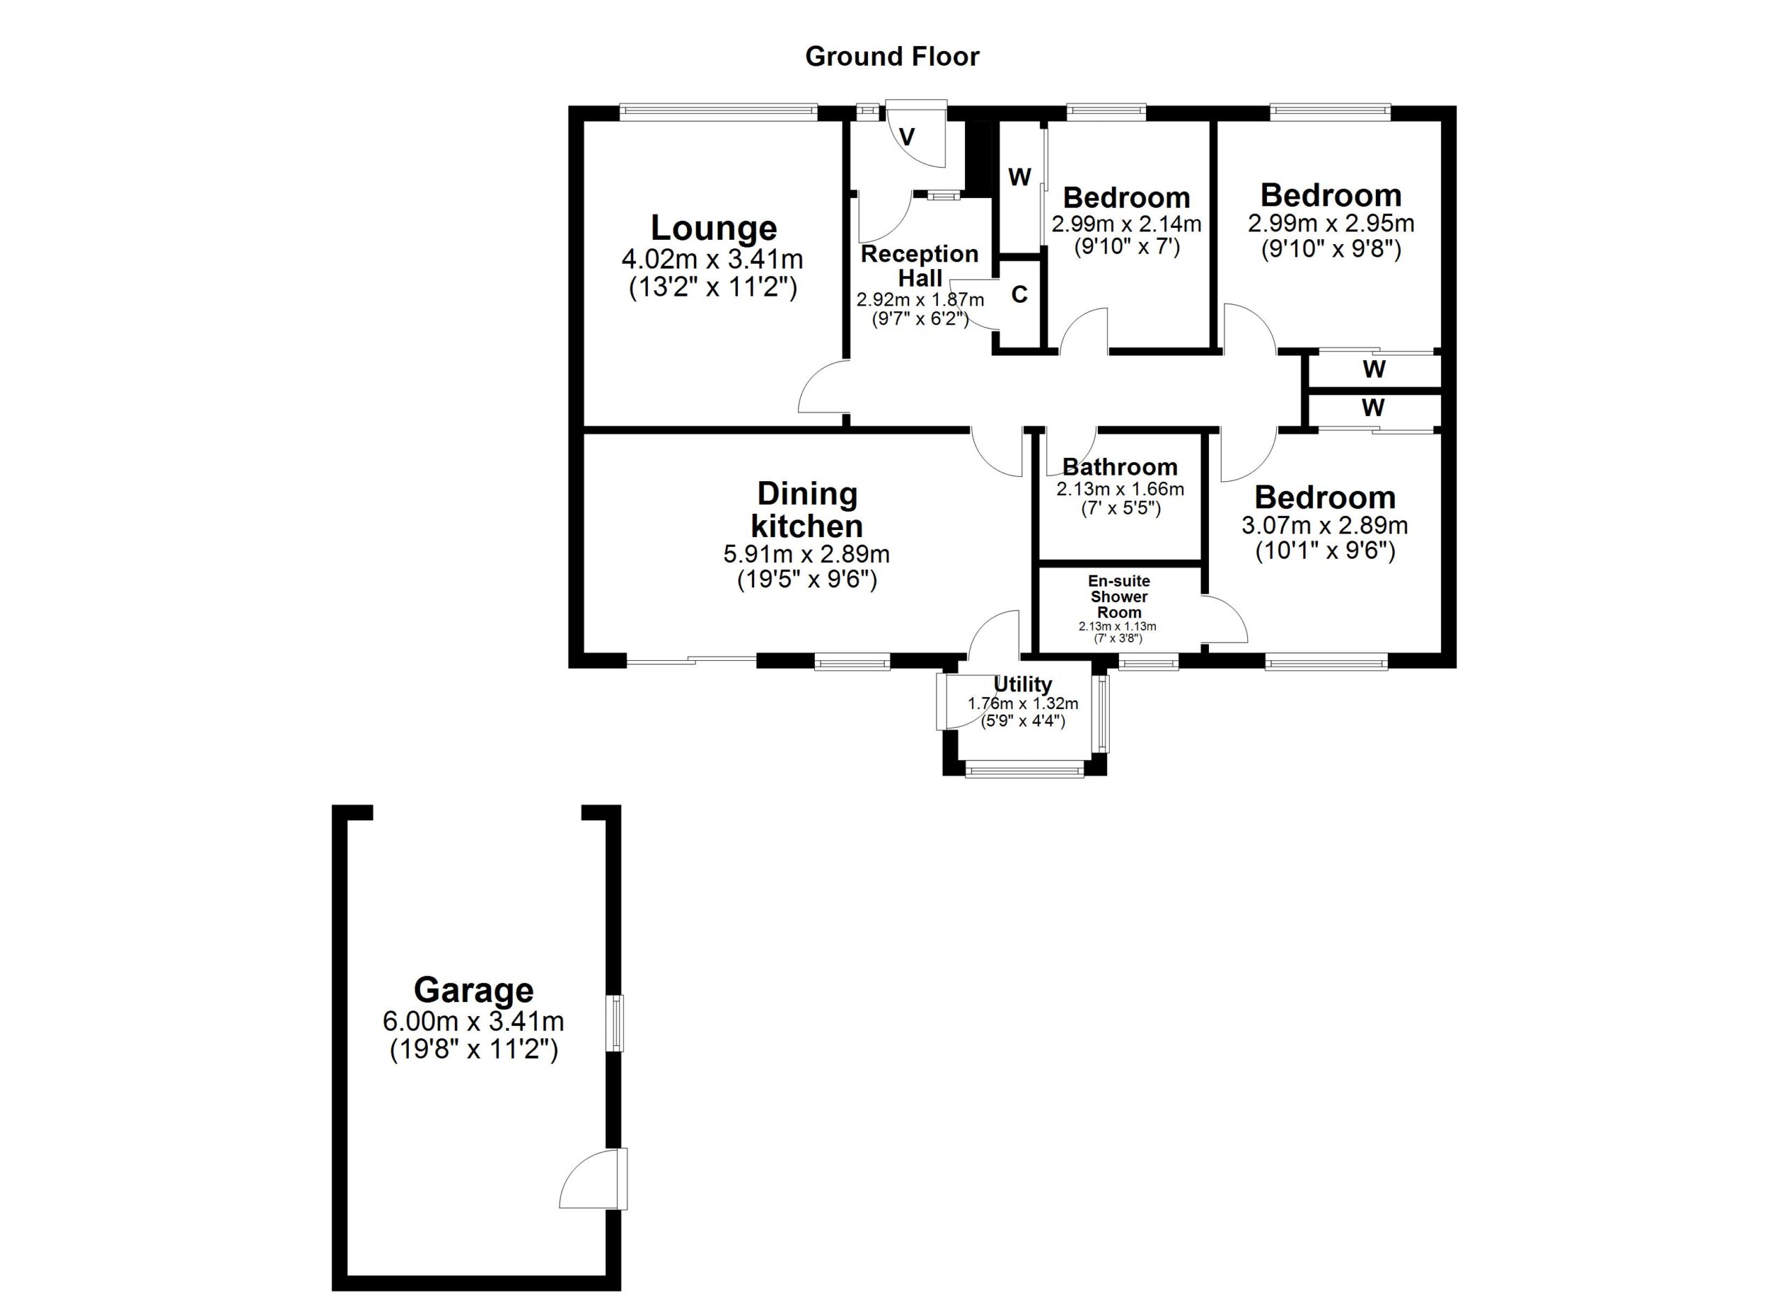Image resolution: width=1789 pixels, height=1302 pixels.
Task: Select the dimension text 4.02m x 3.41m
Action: [712, 259]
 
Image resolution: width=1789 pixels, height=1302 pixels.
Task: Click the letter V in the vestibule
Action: [907, 137]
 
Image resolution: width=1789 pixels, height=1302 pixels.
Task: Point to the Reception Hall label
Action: [920, 266]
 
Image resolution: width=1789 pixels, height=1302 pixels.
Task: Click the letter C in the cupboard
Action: [1019, 294]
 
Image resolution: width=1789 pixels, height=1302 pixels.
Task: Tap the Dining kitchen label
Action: [806, 510]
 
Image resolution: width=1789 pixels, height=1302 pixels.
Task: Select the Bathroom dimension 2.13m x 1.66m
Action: [1120, 489]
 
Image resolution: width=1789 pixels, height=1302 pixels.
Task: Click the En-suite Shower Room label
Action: [1119, 596]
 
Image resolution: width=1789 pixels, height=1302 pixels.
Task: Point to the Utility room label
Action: [1022, 684]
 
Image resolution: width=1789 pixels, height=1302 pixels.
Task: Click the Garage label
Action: [473, 989]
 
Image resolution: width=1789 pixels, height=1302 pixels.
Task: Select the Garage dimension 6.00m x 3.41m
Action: [473, 1022]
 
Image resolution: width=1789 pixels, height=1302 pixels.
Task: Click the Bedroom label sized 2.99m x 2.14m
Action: [1126, 197]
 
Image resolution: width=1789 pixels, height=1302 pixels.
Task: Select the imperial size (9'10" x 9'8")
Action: [1331, 250]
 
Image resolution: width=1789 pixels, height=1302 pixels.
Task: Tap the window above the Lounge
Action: [718, 113]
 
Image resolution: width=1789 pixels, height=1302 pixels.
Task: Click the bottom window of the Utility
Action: [1024, 768]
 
